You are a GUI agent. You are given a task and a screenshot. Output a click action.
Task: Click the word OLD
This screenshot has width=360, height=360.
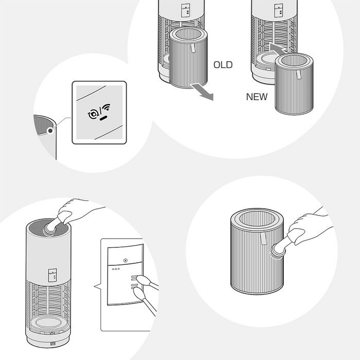point(223,65)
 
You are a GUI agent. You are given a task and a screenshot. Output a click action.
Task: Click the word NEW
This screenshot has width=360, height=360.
point(257,96)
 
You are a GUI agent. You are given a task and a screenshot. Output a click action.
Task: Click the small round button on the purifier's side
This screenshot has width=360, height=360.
point(49,131)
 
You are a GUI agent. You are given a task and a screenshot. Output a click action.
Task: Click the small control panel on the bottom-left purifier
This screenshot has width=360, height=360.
point(52,275)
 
